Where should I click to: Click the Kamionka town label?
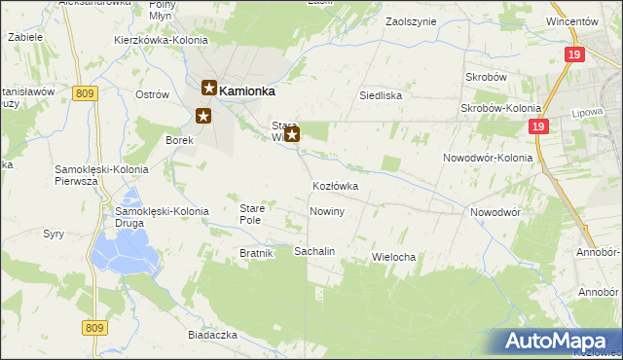247,90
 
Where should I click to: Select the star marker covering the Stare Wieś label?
291,135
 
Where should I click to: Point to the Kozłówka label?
336,186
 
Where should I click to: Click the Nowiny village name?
326,211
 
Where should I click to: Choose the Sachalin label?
314,251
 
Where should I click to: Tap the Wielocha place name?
394,257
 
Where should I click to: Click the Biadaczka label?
214,334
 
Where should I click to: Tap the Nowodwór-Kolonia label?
488,158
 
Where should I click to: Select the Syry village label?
54,234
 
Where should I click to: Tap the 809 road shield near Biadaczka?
93,328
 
